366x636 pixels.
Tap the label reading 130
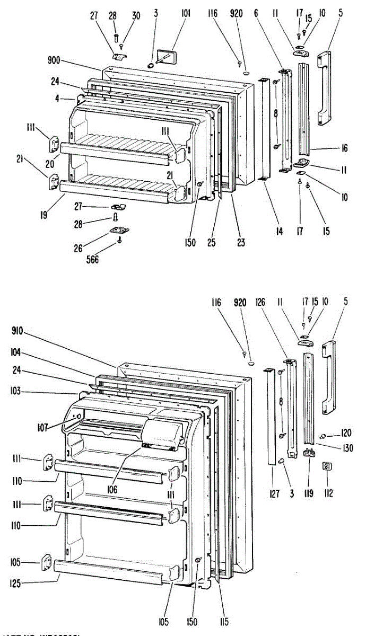(348, 448)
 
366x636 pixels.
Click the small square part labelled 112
(327, 466)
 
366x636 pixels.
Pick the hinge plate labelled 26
(119, 229)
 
